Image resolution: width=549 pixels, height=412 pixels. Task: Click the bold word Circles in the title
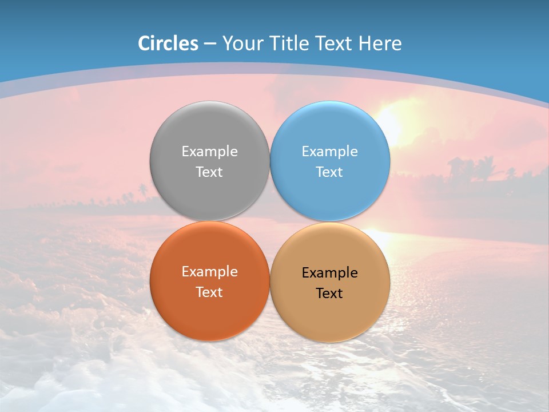(x=168, y=43)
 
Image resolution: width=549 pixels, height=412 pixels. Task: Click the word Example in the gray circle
(x=209, y=151)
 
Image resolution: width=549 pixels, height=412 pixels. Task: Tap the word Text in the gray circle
(x=209, y=172)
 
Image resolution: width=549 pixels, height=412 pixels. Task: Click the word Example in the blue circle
(x=329, y=151)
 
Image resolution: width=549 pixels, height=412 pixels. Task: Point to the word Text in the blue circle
(x=329, y=172)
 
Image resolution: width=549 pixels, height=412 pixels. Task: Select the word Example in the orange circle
(x=209, y=271)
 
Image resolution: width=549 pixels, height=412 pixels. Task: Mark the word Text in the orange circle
(x=209, y=292)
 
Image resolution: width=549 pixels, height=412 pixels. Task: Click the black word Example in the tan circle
(x=329, y=272)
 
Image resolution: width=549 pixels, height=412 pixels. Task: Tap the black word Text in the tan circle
(x=329, y=293)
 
